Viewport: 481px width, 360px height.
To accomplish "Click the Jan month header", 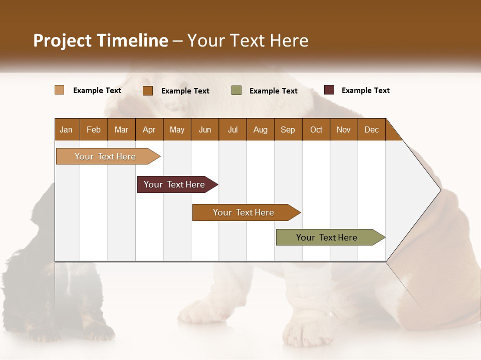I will [66, 129].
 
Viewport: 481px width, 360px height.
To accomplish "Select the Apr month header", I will [149, 129].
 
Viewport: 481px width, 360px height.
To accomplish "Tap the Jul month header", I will [232, 129].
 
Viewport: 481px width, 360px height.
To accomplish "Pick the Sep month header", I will [288, 129].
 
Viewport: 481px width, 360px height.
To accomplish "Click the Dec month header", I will [371, 129].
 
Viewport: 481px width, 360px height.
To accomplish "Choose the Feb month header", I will [94, 129].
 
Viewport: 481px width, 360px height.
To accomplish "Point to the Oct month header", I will [316, 129].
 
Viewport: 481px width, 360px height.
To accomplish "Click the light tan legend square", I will [60, 90].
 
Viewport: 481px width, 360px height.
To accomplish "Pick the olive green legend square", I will [236, 90].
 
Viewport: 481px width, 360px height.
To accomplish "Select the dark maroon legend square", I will [329, 90].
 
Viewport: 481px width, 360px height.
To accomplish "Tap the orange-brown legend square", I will [148, 90].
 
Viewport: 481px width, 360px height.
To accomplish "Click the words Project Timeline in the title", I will [101, 40].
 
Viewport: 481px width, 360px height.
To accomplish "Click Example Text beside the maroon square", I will [365, 90].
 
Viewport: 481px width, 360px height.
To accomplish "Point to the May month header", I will [177, 129].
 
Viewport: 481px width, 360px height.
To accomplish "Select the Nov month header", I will [344, 129].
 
